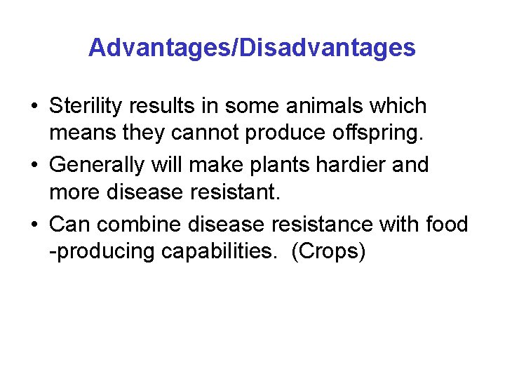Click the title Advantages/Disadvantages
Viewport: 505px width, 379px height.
tap(252, 48)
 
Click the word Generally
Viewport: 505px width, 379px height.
tap(98, 165)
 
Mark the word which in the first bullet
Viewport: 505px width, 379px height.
tap(401, 107)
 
